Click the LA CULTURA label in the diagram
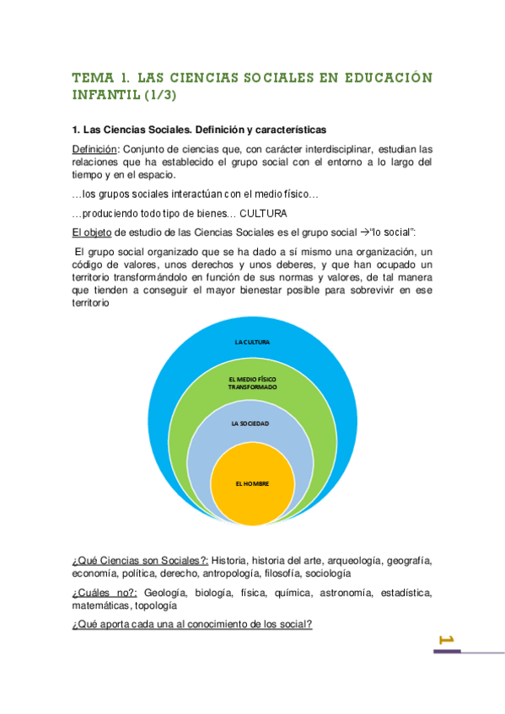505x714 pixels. [252, 342]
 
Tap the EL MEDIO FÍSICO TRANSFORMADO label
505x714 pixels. [252, 383]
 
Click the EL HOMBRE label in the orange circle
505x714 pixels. [251, 484]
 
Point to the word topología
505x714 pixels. [154, 605]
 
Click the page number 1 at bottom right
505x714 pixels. [448, 641]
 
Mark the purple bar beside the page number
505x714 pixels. [447, 651]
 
